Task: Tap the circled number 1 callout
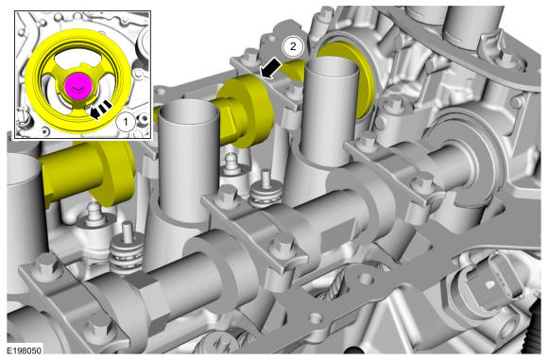coord(126,122)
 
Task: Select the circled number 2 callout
coord(293,46)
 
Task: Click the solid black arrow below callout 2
coord(271,68)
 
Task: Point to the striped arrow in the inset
coord(101,109)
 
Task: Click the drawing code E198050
coord(25,351)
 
